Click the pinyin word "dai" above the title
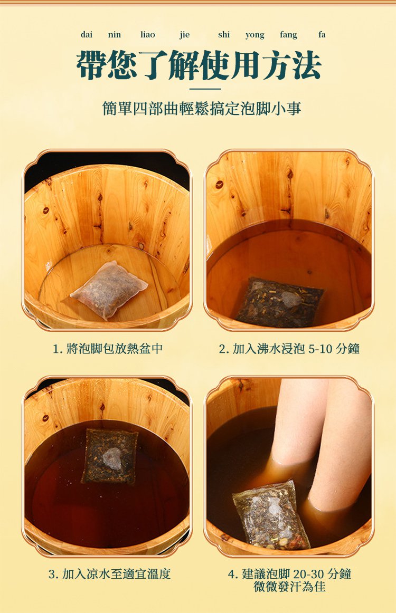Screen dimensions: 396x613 click(87, 35)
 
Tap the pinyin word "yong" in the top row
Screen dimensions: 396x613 click(254, 35)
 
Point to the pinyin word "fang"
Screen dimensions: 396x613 click(288, 35)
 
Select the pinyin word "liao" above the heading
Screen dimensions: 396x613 click(147, 35)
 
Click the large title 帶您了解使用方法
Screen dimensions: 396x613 click(199, 65)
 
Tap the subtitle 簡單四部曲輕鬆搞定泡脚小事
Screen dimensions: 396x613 click(202, 109)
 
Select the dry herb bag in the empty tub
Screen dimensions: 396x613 click(110, 289)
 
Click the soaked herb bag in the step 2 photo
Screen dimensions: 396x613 click(280, 302)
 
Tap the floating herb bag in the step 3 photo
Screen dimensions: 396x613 click(110, 456)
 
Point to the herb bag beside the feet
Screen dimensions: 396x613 click(271, 514)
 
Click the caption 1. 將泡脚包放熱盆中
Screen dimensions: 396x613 click(108, 348)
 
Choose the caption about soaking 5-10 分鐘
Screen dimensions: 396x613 click(289, 348)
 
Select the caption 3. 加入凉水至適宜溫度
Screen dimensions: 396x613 click(109, 574)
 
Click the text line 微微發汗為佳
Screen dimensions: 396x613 click(289, 587)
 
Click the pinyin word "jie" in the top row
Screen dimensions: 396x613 click(184, 35)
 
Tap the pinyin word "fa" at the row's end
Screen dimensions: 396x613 click(322, 35)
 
